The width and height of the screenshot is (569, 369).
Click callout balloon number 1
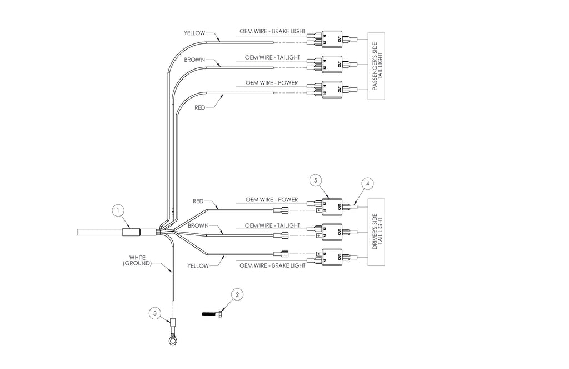pyautogui.click(x=118, y=210)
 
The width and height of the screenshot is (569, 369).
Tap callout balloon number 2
pyautogui.click(x=237, y=294)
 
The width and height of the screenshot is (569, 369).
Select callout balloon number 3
pyautogui.click(x=155, y=313)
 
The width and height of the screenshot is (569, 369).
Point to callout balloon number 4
pyautogui.click(x=368, y=184)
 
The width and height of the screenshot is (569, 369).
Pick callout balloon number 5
pyautogui.click(x=316, y=180)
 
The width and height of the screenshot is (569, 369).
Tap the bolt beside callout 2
pyautogui.click(x=212, y=313)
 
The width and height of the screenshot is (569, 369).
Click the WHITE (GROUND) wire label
pyautogui.click(x=137, y=260)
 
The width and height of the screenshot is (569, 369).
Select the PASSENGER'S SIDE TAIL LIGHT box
pyautogui.click(x=376, y=66)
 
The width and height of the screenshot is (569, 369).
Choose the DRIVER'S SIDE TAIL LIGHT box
pyautogui.click(x=376, y=232)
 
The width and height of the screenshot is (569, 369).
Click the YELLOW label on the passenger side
pyautogui.click(x=194, y=33)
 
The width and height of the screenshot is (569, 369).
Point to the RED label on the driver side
pyautogui.click(x=198, y=201)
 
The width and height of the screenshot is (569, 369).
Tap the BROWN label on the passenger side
pyautogui.click(x=194, y=60)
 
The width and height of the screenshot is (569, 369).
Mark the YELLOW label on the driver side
pyautogui.click(x=198, y=265)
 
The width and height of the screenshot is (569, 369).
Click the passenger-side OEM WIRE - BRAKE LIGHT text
pyautogui.click(x=272, y=31)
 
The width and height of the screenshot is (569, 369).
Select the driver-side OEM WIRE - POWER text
pyautogui.click(x=271, y=200)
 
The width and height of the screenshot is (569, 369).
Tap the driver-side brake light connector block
pyautogui.click(x=332, y=257)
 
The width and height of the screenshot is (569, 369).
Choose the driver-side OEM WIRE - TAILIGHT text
pyautogui.click(x=272, y=225)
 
